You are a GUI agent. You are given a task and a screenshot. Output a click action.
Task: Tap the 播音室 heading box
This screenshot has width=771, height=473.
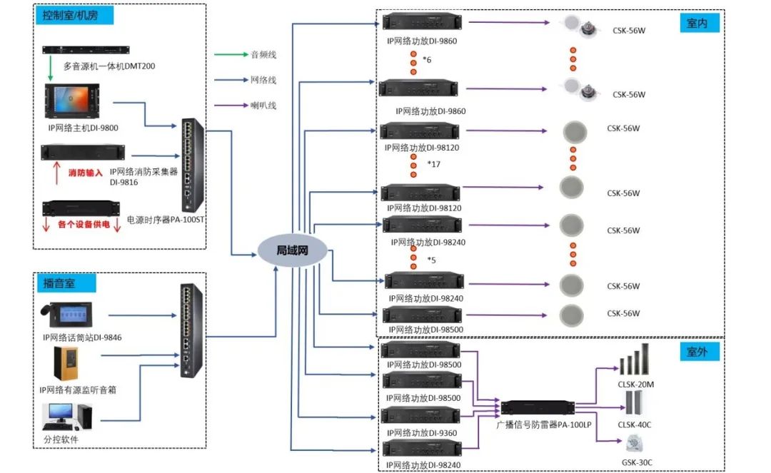coord(59,283)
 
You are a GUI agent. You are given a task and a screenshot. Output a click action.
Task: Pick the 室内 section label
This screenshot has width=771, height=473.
coord(698,24)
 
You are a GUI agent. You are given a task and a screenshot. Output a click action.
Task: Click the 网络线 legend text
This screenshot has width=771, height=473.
coord(263,80)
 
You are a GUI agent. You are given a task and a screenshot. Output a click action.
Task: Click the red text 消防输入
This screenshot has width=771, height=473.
coord(85,173)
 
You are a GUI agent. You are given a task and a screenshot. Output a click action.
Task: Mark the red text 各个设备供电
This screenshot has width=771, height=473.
coord(84,225)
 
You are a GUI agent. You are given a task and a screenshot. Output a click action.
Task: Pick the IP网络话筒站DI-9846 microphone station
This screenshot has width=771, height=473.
coord(74,315)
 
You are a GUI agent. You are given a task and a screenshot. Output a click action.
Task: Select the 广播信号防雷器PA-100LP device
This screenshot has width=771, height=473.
coord(538,408)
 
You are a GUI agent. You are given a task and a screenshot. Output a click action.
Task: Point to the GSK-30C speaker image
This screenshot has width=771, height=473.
coord(633,443)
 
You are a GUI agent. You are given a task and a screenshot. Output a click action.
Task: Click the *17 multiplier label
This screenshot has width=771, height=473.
coord(433,164)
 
